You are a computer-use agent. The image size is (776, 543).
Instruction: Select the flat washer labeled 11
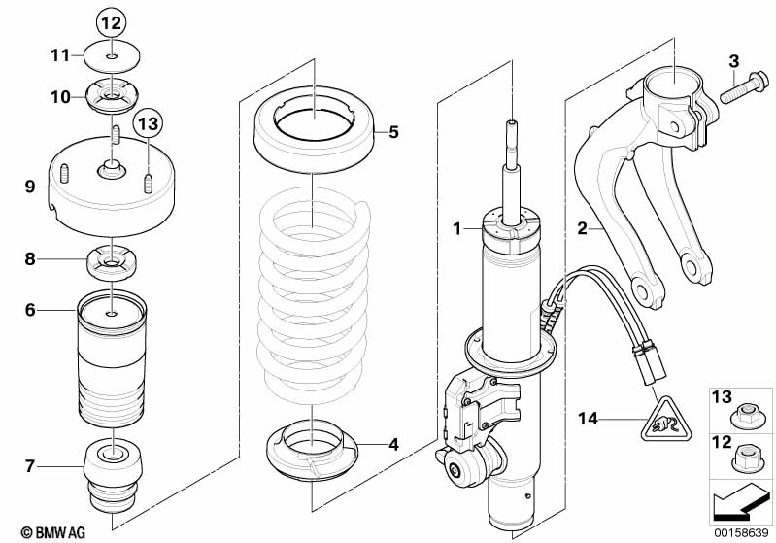point(114,55)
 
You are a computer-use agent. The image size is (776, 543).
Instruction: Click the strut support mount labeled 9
point(113,189)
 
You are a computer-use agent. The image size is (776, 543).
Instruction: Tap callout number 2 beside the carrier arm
point(583,228)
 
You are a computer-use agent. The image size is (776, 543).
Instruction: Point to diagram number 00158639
point(741,532)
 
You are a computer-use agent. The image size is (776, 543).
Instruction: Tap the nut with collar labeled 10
point(114,97)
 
